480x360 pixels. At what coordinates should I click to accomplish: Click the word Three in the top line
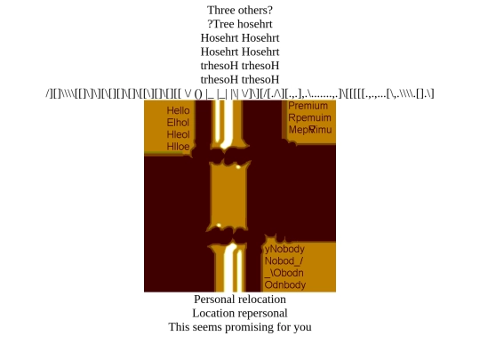(220, 10)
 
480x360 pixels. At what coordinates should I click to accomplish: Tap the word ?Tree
(221, 24)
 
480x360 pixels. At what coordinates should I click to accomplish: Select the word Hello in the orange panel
(178, 110)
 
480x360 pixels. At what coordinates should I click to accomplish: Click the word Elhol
(178, 123)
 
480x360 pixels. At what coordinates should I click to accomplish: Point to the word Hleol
(178, 134)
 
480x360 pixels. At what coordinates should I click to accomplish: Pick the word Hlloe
(178, 147)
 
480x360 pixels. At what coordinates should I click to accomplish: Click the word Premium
(308, 106)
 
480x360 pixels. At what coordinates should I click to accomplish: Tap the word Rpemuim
(309, 117)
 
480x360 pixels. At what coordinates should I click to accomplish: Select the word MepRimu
(310, 130)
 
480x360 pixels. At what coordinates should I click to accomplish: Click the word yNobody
(284, 249)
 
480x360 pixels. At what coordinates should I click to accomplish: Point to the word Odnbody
(285, 284)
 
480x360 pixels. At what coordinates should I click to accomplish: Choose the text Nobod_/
(284, 260)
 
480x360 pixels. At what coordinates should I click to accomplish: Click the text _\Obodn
(284, 273)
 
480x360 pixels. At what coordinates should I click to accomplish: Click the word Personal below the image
(215, 299)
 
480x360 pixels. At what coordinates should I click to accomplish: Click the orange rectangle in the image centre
(228, 196)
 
